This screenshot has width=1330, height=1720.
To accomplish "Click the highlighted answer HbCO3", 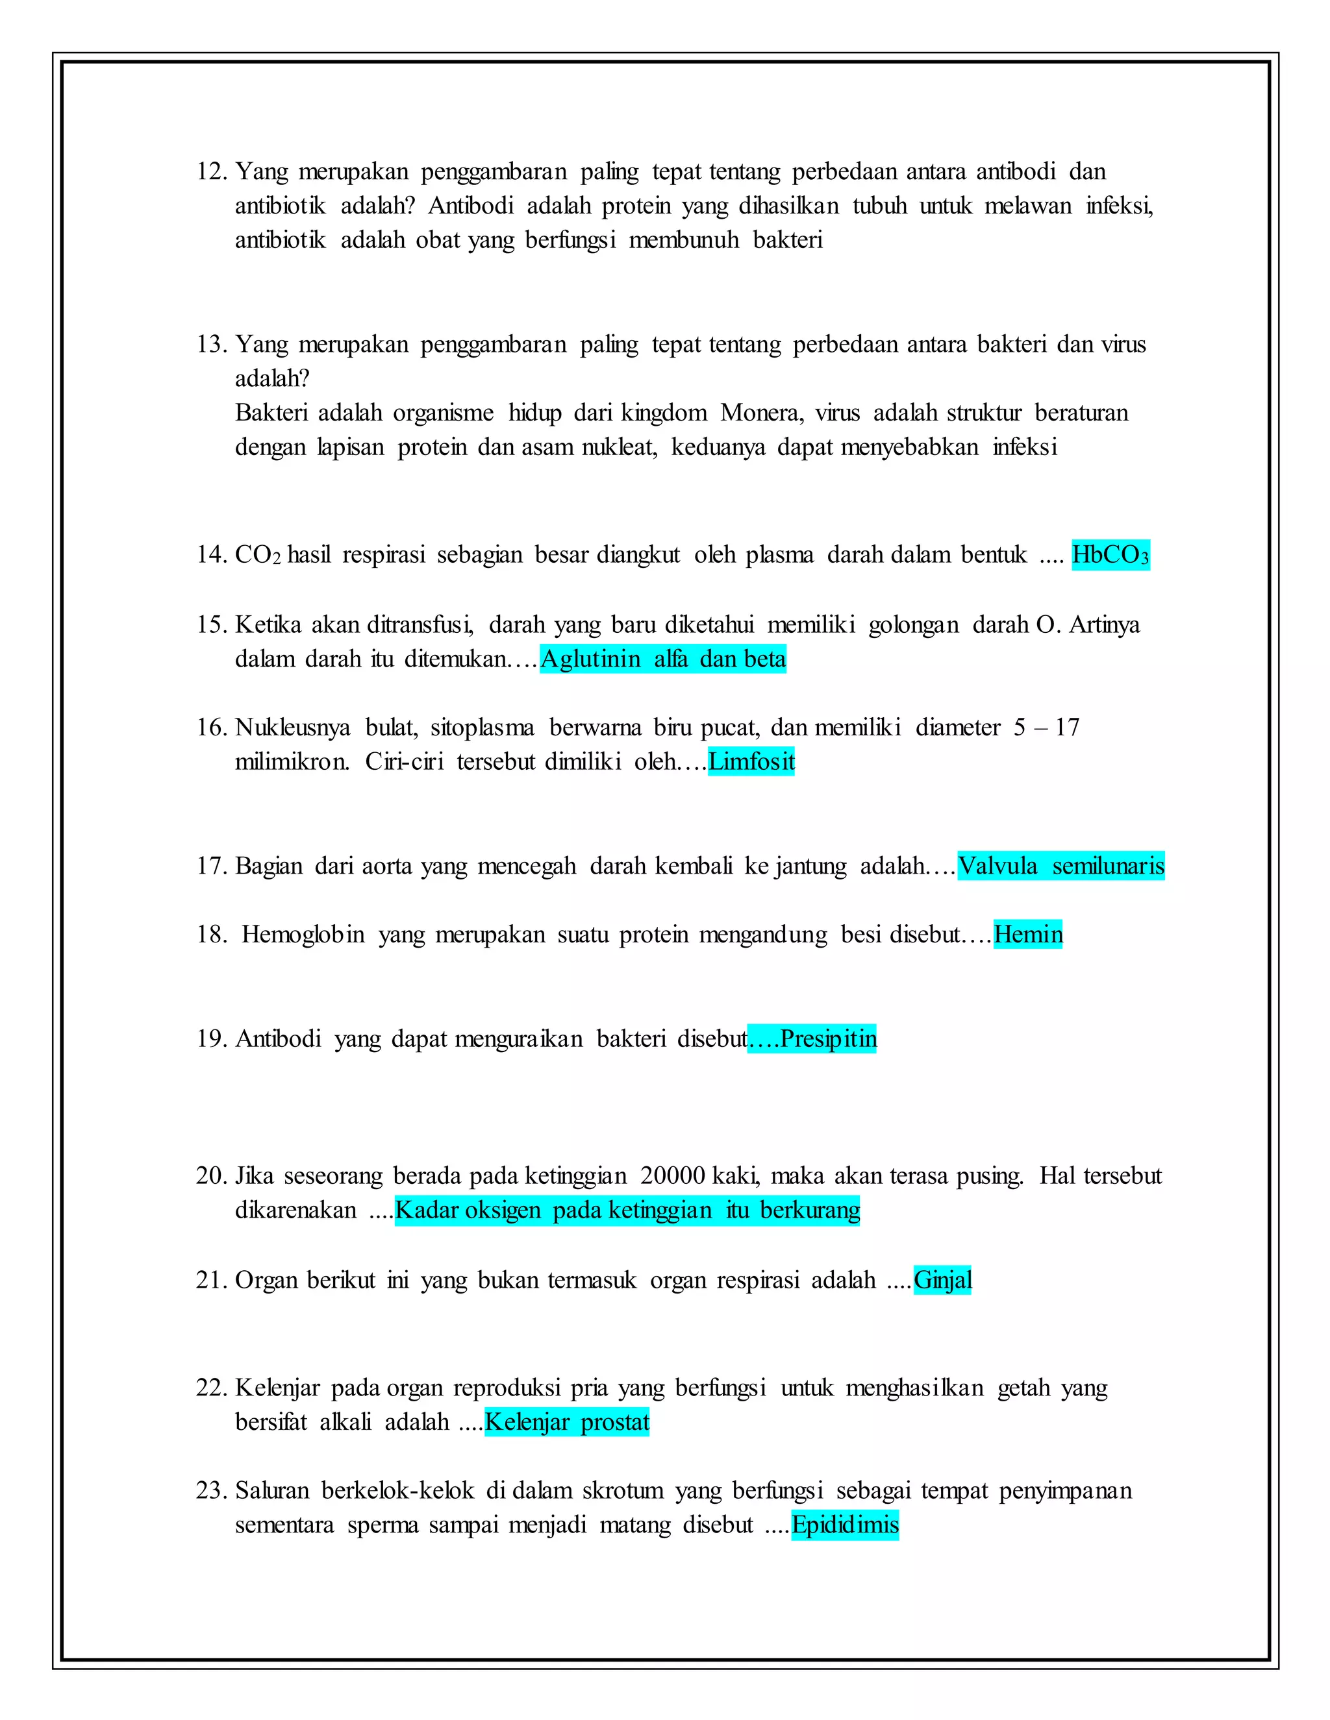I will pos(1110,555).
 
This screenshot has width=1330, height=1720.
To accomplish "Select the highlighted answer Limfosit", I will pos(751,761).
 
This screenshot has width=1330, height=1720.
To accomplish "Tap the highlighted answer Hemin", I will pos(1027,935).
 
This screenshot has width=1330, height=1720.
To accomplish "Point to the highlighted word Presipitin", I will pos(828,1038).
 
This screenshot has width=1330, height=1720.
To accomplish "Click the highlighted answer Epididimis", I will pos(845,1525).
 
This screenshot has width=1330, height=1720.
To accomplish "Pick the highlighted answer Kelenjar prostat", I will pos(566,1421).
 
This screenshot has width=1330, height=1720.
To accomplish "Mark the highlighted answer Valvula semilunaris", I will pos(1060,866).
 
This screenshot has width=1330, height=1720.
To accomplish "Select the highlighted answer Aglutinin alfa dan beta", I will pos(662,658).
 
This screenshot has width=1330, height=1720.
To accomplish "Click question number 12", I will pos(212,172).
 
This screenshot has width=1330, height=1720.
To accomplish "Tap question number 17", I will pos(212,866).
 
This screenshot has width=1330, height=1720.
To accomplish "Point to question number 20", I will pos(211,1176).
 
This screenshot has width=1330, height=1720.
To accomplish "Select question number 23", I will pos(211,1491).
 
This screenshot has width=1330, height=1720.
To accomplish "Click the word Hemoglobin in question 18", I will pos(303,935).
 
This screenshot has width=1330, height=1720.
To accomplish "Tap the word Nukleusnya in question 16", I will pos(292,728).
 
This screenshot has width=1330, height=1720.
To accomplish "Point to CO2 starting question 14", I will pos(258,555).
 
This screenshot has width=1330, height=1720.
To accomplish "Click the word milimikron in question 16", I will pos(292,761).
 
